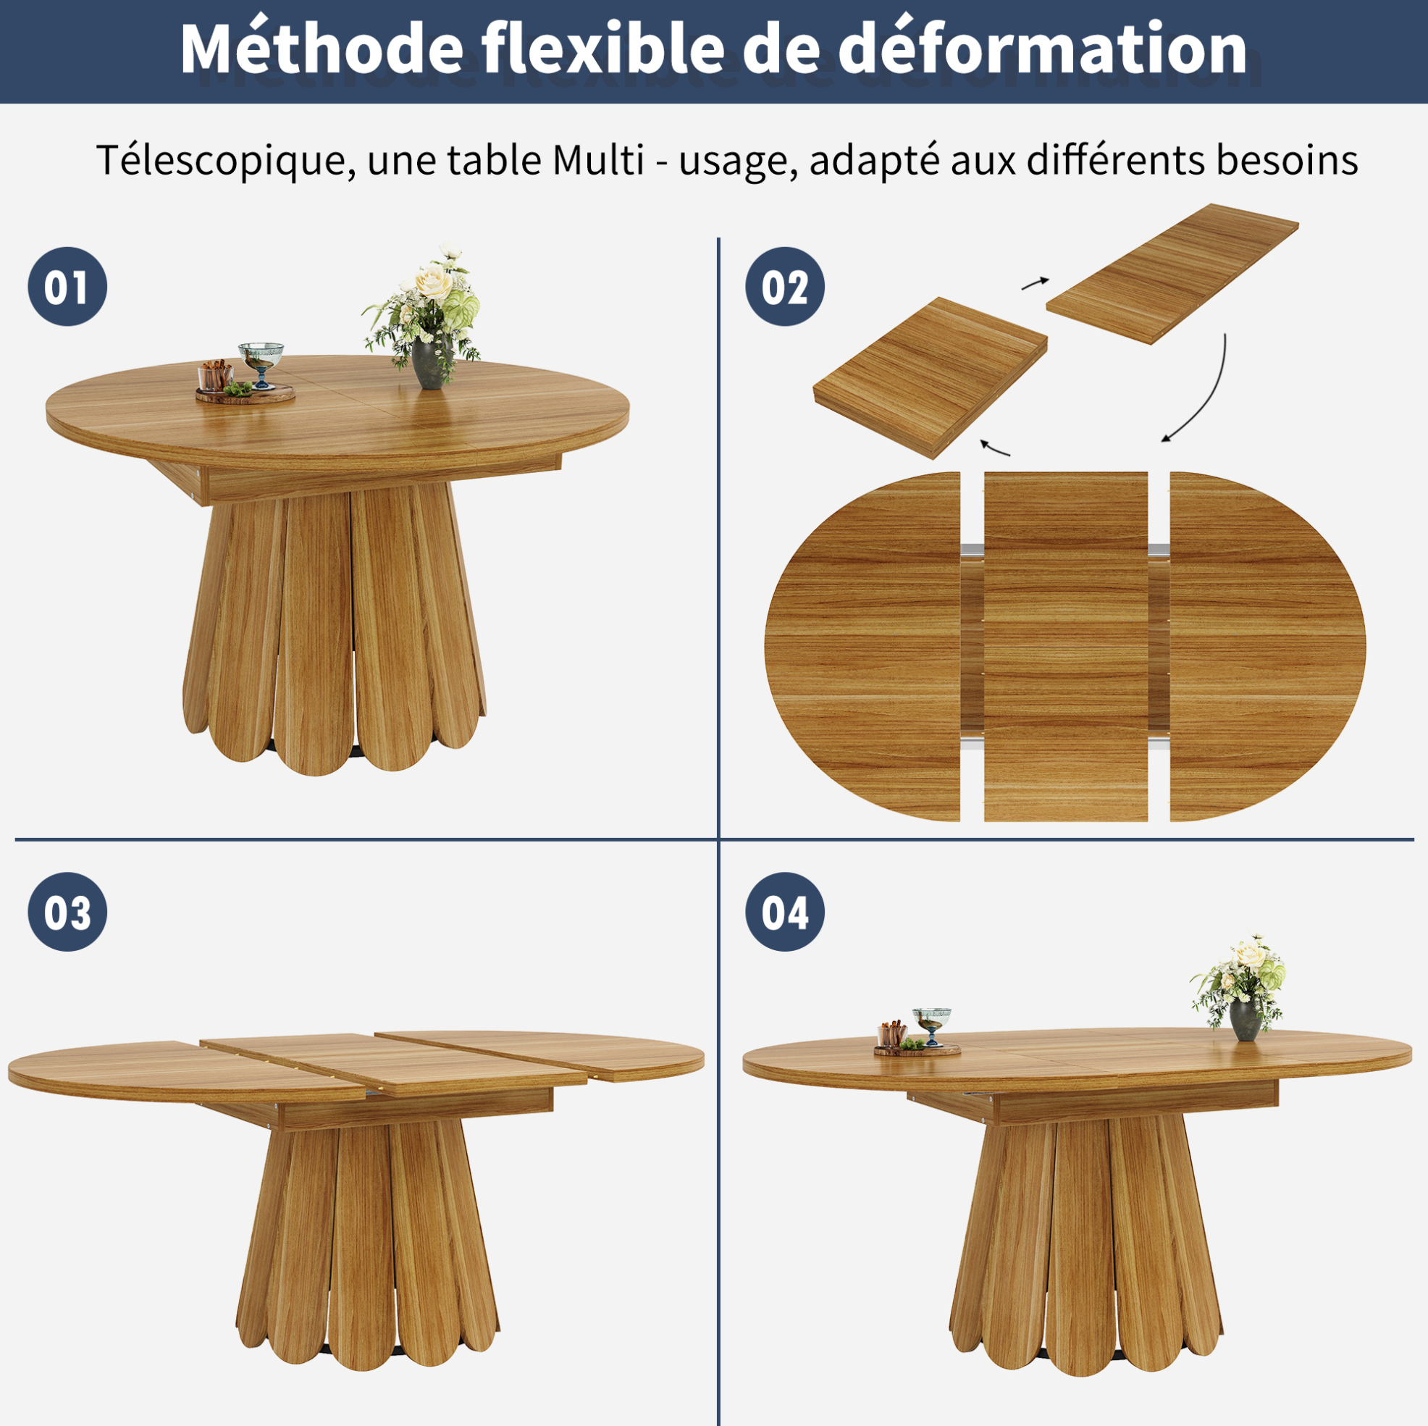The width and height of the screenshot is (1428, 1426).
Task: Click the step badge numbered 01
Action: click(x=67, y=287)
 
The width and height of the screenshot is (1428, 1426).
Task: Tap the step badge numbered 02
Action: click(x=784, y=287)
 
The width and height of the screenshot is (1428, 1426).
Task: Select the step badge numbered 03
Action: click(x=67, y=912)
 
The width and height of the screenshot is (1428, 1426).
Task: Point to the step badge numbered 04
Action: click(x=784, y=912)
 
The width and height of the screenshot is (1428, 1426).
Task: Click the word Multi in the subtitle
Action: click(x=598, y=159)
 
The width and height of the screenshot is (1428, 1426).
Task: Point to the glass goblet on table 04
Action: click(x=931, y=1026)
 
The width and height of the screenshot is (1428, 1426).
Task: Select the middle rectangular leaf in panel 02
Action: click(x=1066, y=646)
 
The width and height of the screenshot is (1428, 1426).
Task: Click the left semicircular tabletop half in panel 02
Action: click(x=862, y=646)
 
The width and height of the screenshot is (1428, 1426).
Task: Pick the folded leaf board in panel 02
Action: click(x=930, y=378)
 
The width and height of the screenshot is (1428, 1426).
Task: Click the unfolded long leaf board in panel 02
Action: click(x=1172, y=274)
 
